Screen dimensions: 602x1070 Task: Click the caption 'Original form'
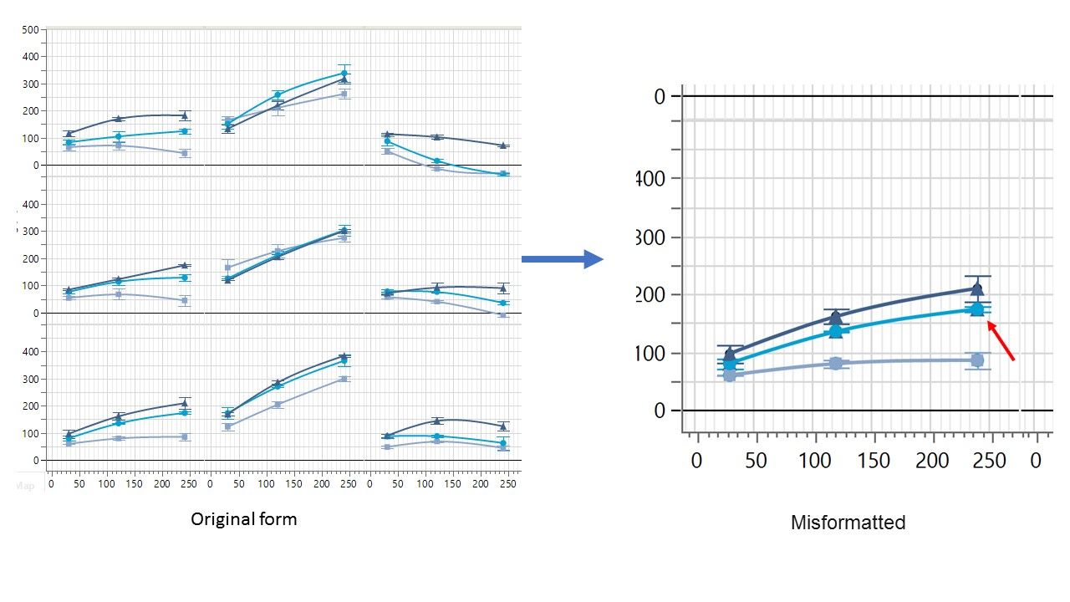point(243,519)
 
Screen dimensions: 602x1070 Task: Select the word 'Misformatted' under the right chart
point(848,523)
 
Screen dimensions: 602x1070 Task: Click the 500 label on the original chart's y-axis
point(30,29)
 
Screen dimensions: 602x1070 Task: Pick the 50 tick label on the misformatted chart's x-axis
point(756,461)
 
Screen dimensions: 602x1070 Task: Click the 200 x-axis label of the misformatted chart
point(932,461)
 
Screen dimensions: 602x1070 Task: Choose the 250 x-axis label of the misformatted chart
point(991,461)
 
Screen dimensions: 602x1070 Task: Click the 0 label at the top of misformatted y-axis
point(660,97)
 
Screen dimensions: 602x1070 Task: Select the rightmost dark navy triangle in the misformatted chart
point(976,289)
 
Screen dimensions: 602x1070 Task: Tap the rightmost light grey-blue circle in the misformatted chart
point(976,360)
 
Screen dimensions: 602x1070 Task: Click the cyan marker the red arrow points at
point(976,309)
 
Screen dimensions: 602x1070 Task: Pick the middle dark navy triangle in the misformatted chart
point(835,317)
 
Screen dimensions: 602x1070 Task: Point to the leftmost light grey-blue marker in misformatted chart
point(729,375)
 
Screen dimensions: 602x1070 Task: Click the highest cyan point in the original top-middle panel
point(344,74)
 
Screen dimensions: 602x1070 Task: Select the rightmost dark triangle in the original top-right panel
point(502,145)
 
